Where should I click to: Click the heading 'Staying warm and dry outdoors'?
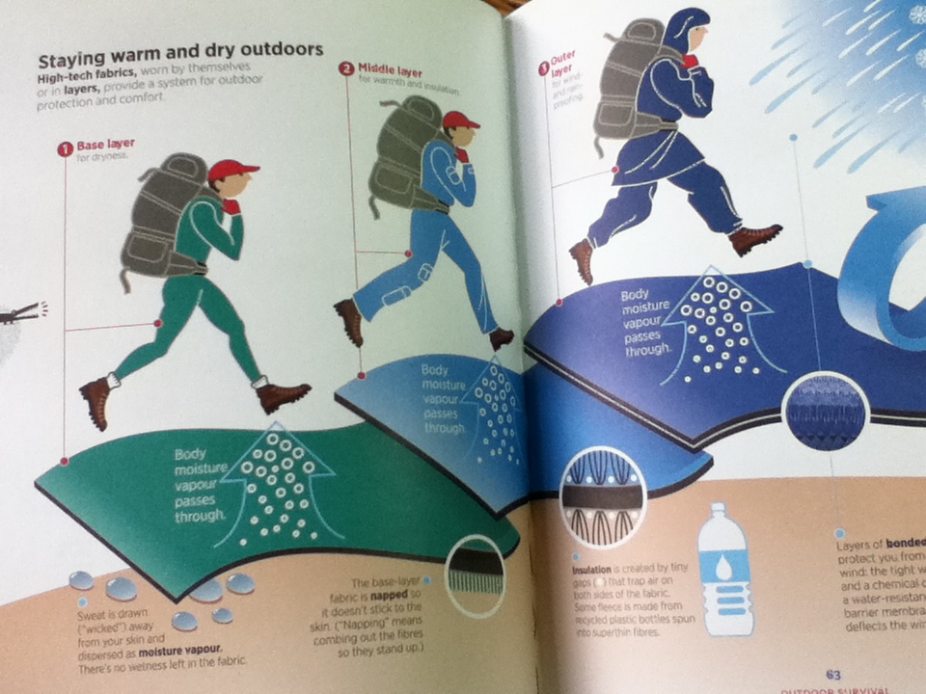point(179,50)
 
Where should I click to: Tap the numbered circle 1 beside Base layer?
point(66,148)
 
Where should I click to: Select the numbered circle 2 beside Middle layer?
point(346,68)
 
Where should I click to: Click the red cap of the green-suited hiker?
point(231,171)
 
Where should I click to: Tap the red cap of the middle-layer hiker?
point(459,120)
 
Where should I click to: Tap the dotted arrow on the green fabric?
point(280,482)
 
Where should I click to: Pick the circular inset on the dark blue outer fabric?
point(825,414)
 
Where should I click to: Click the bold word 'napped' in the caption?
point(403,598)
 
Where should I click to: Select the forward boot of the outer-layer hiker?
point(754,238)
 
